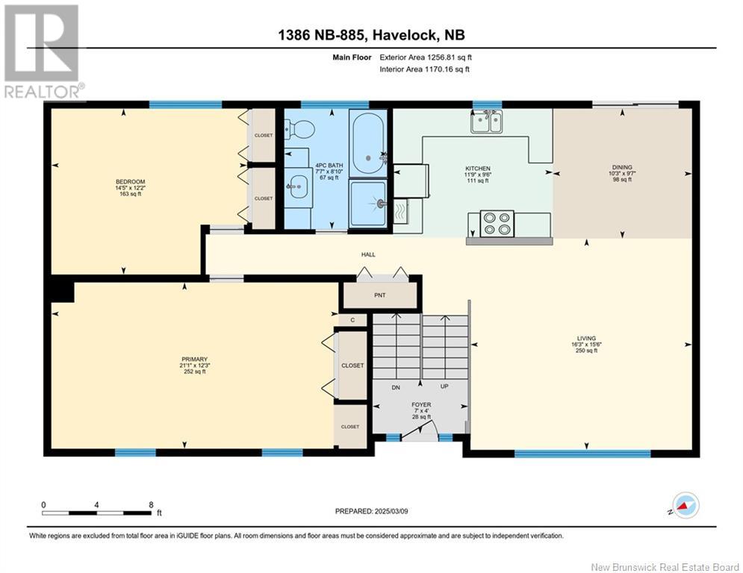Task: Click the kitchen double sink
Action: (x=486, y=121)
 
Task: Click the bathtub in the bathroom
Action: (x=367, y=143)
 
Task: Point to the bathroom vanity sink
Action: (x=298, y=186)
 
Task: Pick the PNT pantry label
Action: (x=379, y=295)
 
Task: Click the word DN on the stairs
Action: (x=396, y=387)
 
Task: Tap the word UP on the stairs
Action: (x=444, y=386)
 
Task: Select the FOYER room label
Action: (x=421, y=405)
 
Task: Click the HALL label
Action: (x=368, y=254)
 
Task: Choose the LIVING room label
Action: (x=586, y=338)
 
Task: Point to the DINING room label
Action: (x=622, y=167)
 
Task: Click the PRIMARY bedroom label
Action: (x=194, y=360)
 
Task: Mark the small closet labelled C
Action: (x=352, y=320)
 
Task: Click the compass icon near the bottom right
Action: (x=686, y=505)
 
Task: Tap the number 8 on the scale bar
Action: (x=151, y=505)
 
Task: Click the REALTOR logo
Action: (x=43, y=52)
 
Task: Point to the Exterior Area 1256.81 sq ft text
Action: (x=426, y=57)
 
